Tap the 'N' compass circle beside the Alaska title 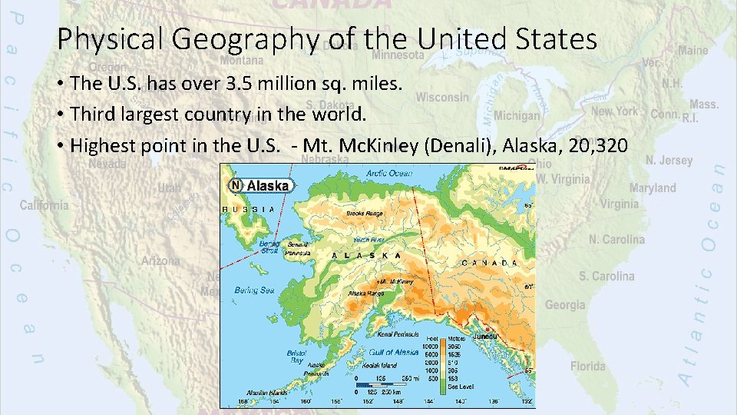[236, 185]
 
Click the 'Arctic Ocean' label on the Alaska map [389, 173]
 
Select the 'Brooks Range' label [365, 213]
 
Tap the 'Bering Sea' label [254, 290]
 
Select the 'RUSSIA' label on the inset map [248, 208]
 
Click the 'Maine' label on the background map [693, 50]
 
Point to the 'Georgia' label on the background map [564, 305]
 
